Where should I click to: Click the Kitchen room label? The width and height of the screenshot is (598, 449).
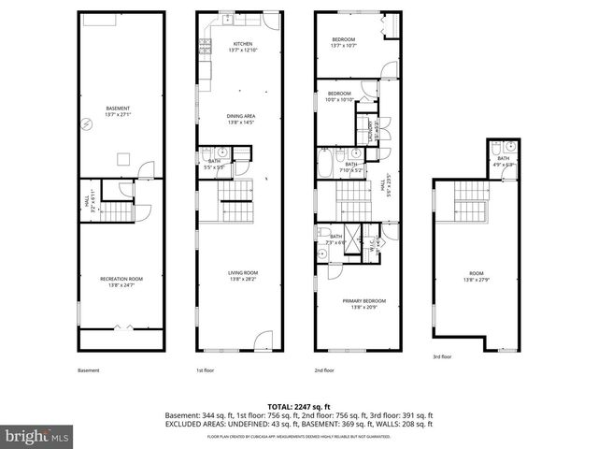point(243,46)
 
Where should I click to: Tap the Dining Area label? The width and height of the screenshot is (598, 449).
point(241,118)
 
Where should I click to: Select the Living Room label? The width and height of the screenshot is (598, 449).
point(241,275)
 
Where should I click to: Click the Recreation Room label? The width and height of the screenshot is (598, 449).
point(121,281)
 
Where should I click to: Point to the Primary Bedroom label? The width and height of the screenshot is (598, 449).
point(363,302)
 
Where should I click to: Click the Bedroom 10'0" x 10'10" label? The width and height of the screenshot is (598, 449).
point(338,95)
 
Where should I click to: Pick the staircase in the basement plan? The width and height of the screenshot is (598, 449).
point(119,210)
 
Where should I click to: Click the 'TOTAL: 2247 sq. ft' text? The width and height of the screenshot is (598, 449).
point(298,404)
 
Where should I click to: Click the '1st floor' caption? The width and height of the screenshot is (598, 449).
point(205,370)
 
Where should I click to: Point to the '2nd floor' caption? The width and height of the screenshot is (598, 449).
point(324,370)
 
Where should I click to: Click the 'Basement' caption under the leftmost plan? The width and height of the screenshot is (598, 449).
point(88,370)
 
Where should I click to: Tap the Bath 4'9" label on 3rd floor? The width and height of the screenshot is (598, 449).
point(503,161)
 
